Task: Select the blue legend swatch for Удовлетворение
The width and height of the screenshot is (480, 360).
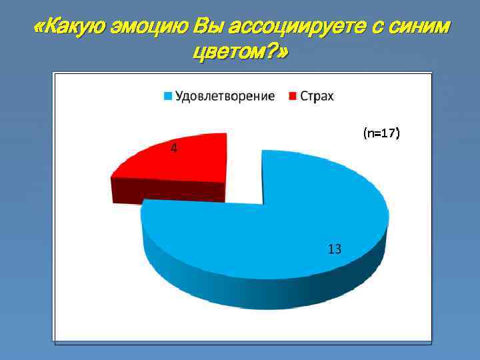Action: [x=168, y=97]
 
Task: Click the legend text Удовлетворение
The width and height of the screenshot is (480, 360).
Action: [x=225, y=96]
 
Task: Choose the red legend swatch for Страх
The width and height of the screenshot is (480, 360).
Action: [x=292, y=97]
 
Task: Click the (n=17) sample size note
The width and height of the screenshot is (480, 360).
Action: [x=381, y=133]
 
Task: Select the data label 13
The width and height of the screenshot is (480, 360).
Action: [x=335, y=249]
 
